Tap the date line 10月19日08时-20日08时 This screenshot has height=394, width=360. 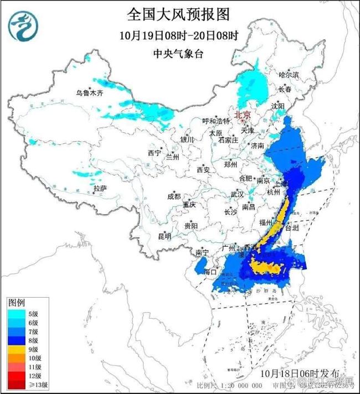pyautogui.click(x=178, y=35)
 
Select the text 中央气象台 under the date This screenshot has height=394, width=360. pyautogui.click(x=178, y=54)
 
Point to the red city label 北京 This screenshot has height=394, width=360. pyautogui.click(x=243, y=115)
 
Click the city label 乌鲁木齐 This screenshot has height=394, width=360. pyautogui.click(x=90, y=93)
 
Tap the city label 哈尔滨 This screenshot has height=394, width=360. pyautogui.click(x=289, y=74)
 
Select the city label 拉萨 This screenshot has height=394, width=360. pyautogui.click(x=100, y=189)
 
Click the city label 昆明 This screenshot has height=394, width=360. pyautogui.click(x=164, y=236)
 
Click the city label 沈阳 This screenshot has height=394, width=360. pyautogui.click(x=277, y=106)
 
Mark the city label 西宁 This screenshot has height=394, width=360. pyautogui.click(x=153, y=153)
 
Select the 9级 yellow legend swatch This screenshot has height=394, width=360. pyautogui.click(x=16, y=349)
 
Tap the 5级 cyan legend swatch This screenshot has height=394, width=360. pyautogui.click(x=16, y=313)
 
